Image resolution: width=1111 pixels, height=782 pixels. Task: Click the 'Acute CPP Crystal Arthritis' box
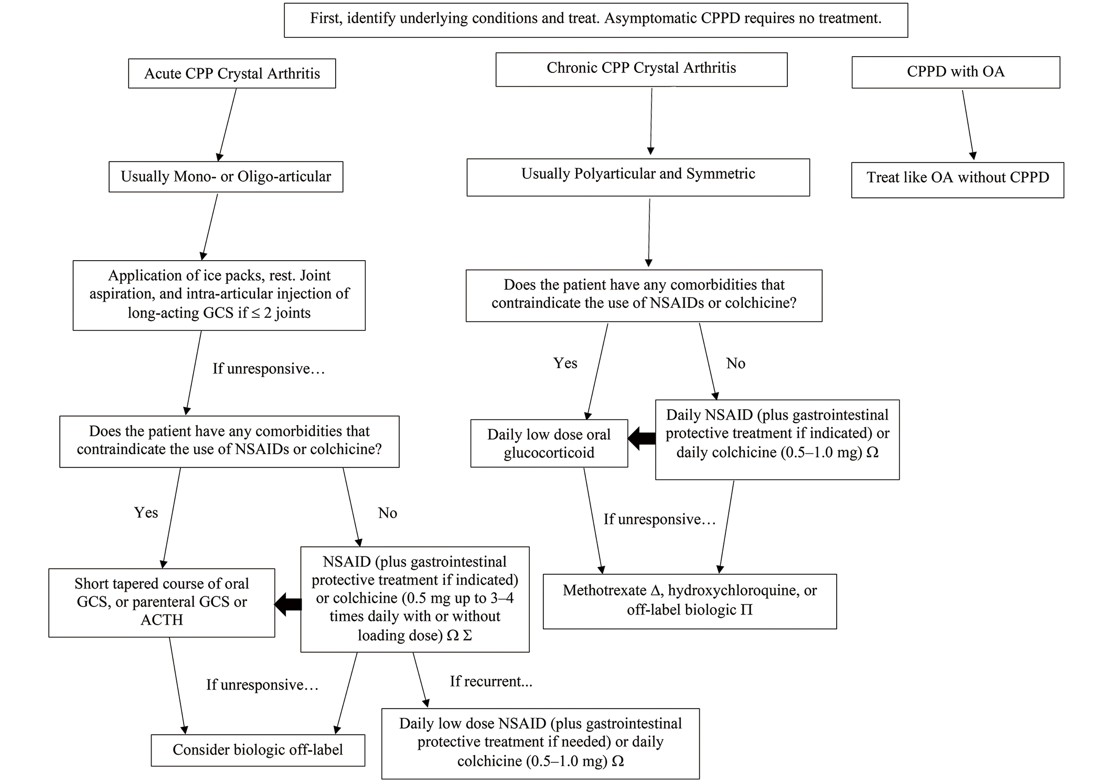click(232, 73)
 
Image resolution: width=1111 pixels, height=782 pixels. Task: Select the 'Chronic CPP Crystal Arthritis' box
click(641, 69)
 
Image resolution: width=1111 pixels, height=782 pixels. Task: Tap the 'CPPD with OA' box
click(956, 72)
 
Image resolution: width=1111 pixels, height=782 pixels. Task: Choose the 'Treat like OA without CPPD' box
click(957, 180)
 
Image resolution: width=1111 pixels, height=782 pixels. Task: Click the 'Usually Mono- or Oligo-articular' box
click(226, 177)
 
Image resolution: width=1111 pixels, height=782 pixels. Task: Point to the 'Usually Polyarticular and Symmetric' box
click(638, 177)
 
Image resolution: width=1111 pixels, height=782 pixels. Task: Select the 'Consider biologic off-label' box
click(258, 750)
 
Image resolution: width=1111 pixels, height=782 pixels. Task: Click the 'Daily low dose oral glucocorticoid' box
click(549, 443)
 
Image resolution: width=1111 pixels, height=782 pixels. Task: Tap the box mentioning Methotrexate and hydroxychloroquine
click(690, 602)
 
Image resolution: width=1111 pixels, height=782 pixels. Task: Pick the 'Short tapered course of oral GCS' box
click(162, 603)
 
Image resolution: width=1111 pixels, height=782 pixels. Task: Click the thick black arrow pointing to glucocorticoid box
click(642, 438)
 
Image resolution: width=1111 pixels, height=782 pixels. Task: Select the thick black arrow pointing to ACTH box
click(288, 605)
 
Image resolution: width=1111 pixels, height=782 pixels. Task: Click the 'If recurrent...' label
click(491, 681)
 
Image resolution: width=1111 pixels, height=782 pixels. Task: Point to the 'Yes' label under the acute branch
click(146, 512)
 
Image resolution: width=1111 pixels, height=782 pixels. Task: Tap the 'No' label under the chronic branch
click(735, 363)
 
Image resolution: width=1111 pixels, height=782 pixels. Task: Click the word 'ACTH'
click(162, 620)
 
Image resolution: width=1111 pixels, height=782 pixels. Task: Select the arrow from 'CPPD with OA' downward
click(968, 125)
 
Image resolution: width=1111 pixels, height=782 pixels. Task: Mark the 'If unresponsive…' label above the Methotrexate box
click(659, 519)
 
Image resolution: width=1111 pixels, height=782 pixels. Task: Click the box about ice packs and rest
click(219, 295)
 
